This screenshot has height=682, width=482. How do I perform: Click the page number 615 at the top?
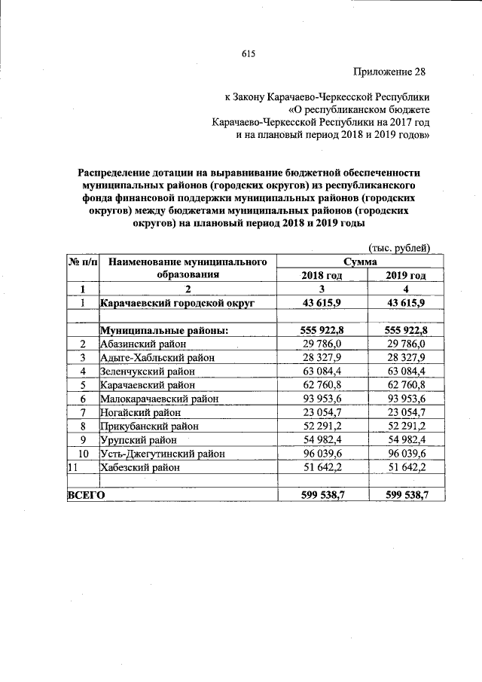249,52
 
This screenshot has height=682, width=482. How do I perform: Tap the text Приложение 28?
389,72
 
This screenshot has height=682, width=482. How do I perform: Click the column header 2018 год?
322,276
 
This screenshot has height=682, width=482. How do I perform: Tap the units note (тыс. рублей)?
398,248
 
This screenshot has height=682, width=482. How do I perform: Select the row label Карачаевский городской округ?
178,303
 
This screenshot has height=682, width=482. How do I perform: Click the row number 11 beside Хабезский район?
73,467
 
